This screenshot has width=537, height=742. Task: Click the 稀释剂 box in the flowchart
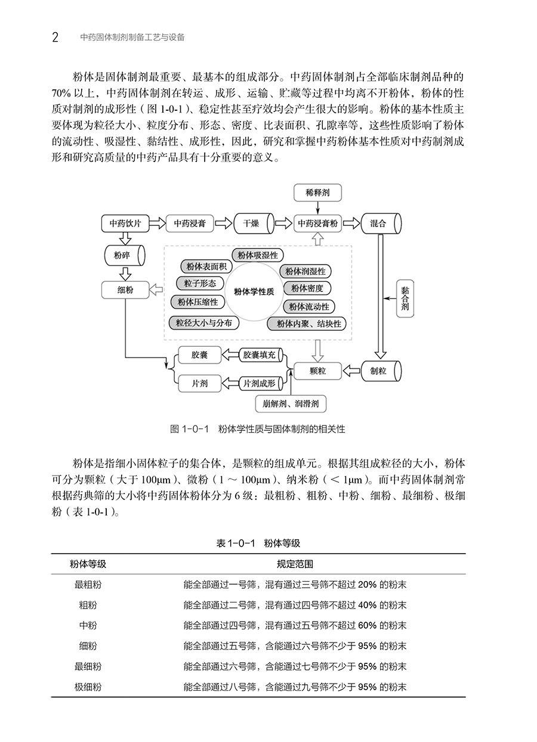tap(317, 193)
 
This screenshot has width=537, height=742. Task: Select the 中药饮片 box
tap(125, 223)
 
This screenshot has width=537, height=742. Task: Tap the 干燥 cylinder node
tap(254, 223)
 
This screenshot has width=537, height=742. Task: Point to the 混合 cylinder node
tap(381, 223)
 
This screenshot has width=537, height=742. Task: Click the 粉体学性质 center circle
tap(254, 292)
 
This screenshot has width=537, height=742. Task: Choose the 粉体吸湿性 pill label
tap(257, 256)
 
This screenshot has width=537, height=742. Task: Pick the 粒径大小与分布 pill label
tap(203, 323)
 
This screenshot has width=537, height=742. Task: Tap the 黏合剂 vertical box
tap(405, 299)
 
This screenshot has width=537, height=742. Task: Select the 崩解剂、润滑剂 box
tap(291, 404)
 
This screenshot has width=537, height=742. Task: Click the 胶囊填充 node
tap(261, 355)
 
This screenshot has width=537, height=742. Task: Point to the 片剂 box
tap(200, 384)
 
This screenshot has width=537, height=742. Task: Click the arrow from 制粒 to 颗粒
tap(351, 371)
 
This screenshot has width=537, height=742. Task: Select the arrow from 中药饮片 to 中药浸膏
tap(157, 223)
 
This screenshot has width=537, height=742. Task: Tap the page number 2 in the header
tap(55, 38)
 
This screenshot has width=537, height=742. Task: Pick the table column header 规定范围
tap(295, 564)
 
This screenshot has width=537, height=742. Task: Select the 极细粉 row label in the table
tap(88, 687)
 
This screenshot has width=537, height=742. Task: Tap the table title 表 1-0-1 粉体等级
tap(258, 544)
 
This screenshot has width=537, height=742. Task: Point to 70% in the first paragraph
tap(61, 94)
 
